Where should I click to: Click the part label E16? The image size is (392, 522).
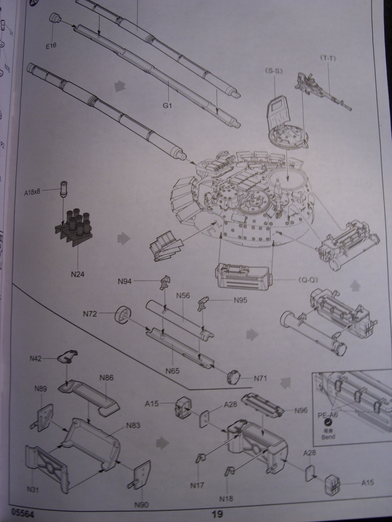click(51, 46)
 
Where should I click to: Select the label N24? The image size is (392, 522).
click(78, 274)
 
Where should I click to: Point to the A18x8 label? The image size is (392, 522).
click(35, 192)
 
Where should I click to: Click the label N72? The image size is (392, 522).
click(90, 314)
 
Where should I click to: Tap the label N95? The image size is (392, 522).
click(240, 300)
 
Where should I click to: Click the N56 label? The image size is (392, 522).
click(183, 296)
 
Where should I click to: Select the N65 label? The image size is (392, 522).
click(173, 371)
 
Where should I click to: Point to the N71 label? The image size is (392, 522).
click(261, 378)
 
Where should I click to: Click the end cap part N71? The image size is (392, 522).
click(234, 377)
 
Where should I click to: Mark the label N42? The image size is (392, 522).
click(35, 358)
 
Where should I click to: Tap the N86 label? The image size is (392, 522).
click(107, 378)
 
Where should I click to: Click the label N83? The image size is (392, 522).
click(133, 425)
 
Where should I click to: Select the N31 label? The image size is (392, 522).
click(33, 489)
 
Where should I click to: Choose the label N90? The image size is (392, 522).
click(141, 505)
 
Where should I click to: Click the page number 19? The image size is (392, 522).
click(217, 514)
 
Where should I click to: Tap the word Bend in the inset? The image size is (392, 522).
click(328, 437)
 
